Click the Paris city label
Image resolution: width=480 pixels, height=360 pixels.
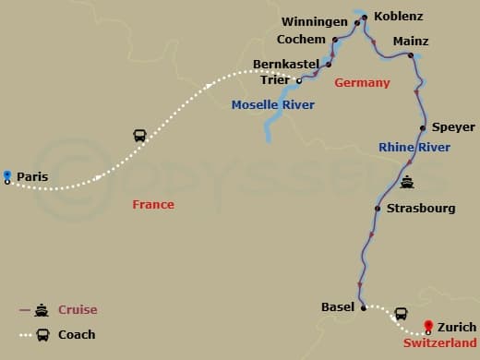[x=32, y=175]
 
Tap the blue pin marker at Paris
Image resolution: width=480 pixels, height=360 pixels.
[x=7, y=174]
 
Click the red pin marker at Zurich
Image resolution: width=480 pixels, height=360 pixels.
[x=428, y=323]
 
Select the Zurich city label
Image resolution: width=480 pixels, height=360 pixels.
[x=458, y=327]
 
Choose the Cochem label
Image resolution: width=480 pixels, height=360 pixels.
[x=301, y=40]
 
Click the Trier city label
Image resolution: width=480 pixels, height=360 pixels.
[x=274, y=80]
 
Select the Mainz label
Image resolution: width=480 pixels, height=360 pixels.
[x=411, y=42]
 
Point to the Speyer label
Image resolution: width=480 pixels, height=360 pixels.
[x=453, y=127]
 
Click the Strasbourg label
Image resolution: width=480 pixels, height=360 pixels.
[x=421, y=209]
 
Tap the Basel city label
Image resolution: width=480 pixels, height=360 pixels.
[x=337, y=306]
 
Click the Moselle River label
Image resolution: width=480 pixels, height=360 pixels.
[x=273, y=105]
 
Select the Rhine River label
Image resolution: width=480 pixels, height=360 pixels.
[x=414, y=148]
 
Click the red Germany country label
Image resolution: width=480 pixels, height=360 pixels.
[x=362, y=83]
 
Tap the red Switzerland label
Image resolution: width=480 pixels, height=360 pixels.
[x=439, y=342]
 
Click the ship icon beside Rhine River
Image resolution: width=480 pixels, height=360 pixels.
[x=407, y=182]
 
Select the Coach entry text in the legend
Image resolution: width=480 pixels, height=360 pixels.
[x=78, y=334]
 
